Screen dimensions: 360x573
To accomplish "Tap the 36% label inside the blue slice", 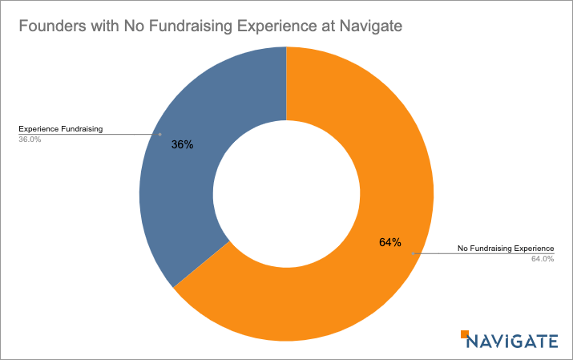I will click(183, 146).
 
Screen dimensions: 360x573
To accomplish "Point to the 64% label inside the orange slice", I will click(390, 242).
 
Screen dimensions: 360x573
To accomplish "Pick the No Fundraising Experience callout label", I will click(505, 249).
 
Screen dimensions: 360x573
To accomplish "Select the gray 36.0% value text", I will click(30, 139).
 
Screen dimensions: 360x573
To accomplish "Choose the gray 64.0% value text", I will click(543, 259).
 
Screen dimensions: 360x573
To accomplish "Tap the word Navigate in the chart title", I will click(372, 26).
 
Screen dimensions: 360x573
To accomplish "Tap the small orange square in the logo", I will click(464, 333).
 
